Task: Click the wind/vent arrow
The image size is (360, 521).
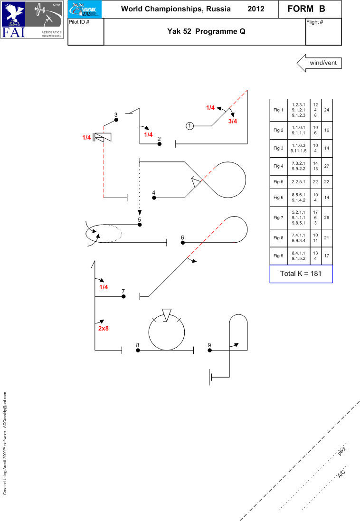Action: click(319, 63)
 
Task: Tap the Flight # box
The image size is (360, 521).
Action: click(323, 32)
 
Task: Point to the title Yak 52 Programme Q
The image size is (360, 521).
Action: click(205, 32)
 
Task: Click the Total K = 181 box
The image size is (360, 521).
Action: click(301, 274)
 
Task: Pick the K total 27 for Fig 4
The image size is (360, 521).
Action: click(326, 167)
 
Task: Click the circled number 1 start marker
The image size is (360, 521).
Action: click(189, 126)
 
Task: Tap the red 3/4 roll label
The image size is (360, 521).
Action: click(233, 121)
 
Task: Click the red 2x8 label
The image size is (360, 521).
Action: click(104, 328)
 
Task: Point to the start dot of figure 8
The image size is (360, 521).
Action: click(138, 350)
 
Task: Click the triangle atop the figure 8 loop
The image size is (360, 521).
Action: click(166, 314)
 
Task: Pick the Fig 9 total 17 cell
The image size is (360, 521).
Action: click(326, 256)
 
